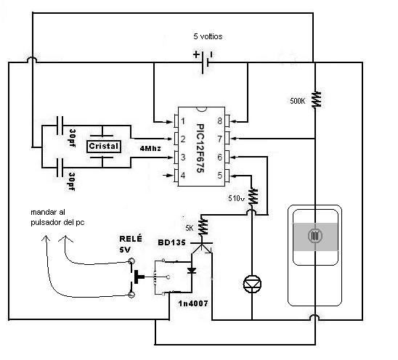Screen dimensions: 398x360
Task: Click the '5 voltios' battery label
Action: click(208, 36)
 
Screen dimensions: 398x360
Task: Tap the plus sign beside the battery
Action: click(196, 54)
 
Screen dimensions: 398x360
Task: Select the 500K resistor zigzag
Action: click(316, 100)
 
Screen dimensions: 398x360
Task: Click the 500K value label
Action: click(298, 101)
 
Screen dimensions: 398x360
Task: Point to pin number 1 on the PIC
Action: click(183, 121)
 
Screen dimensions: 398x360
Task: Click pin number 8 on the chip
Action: click(219, 120)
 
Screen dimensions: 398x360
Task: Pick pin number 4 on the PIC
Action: click(183, 175)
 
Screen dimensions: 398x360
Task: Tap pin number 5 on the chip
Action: click(220, 175)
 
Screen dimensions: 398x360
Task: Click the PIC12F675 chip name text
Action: click(200, 148)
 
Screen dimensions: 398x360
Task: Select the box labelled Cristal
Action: click(104, 147)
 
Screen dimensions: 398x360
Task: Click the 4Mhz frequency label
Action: click(150, 148)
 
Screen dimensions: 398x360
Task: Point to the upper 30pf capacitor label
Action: click(73, 138)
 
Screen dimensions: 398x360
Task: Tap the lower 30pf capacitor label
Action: click(73, 181)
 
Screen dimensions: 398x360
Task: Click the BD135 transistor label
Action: click(171, 242)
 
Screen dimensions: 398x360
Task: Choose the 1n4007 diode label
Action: click(193, 303)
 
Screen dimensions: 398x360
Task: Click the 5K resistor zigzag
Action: click(203, 226)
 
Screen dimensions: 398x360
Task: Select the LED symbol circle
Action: click(252, 284)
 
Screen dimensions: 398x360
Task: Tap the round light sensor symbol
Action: click(315, 236)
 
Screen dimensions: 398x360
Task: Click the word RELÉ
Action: click(131, 239)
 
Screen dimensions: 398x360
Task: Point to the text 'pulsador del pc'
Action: click(57, 223)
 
